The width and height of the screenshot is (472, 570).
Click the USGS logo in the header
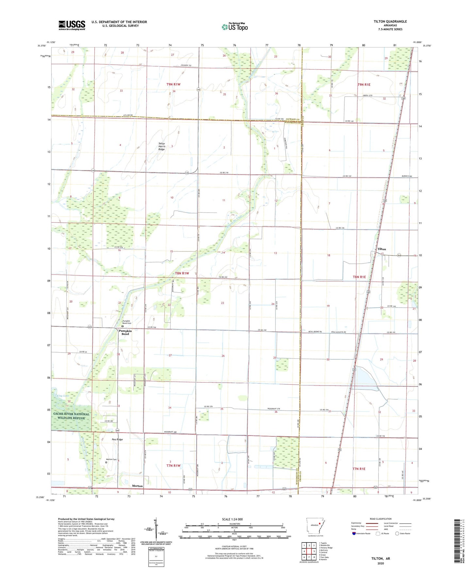pyautogui.click(x=72, y=25)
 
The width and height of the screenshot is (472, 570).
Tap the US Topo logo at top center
pyautogui.click(x=235, y=27)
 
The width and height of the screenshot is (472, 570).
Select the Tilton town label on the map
pyautogui.click(x=382, y=249)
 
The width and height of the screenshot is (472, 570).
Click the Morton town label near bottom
pyautogui.click(x=137, y=486)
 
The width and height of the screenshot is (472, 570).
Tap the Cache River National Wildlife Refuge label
pyautogui.click(x=71, y=416)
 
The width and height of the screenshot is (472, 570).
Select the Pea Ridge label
pyautogui.click(x=117, y=439)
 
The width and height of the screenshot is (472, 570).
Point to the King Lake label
pyautogui.click(x=63, y=396)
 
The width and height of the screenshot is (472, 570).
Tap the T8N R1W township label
pyautogui.click(x=182, y=273)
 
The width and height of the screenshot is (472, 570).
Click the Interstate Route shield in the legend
pyautogui.click(x=355, y=534)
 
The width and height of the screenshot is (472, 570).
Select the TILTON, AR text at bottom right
pyautogui.click(x=380, y=559)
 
